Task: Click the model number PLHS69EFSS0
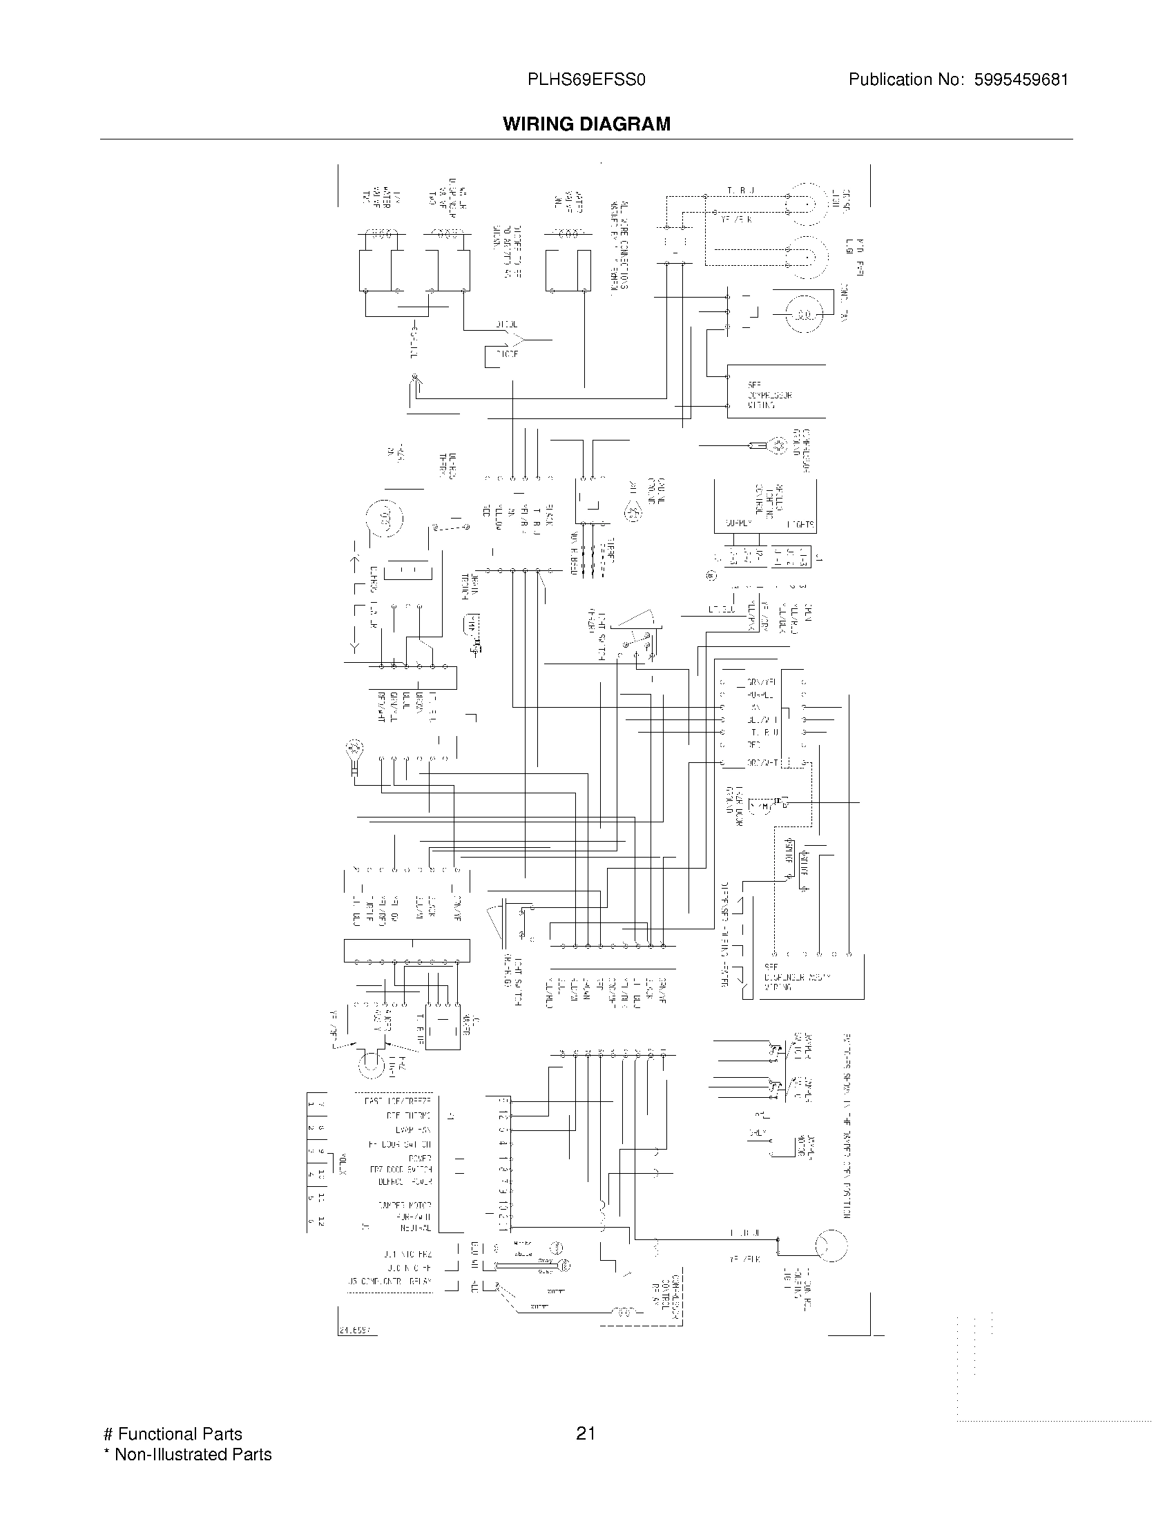pos(586,80)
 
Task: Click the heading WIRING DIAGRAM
pos(586,124)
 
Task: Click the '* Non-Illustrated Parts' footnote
pos(187,1454)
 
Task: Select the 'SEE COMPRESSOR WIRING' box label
pos(769,394)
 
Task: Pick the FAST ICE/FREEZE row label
pos(398,1102)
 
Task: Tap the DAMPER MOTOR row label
pos(404,1205)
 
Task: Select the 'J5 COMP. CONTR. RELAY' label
pos(389,1281)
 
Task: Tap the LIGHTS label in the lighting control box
pos(800,525)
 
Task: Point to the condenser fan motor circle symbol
pos(804,315)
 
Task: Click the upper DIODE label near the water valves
pos(506,325)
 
